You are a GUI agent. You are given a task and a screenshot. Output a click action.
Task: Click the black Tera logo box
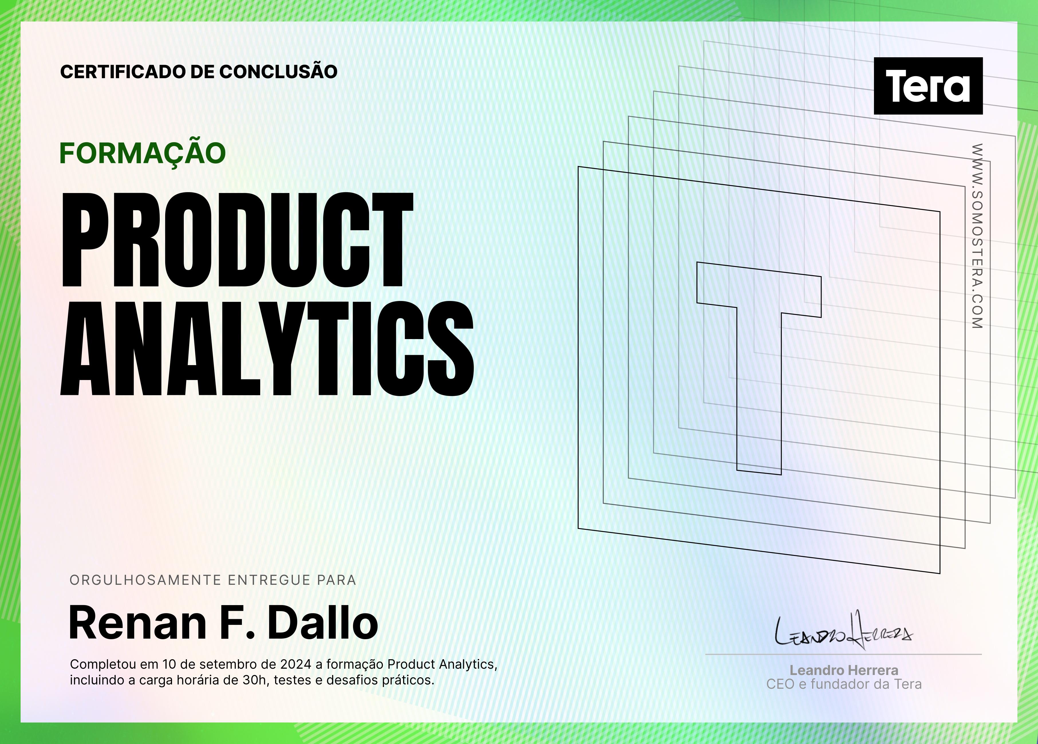tap(928, 86)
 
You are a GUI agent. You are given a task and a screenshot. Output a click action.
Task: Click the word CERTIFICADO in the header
tap(123, 72)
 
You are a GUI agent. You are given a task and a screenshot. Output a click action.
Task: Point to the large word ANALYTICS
tap(267, 349)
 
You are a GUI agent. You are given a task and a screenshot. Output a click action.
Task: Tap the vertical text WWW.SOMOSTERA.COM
tap(977, 236)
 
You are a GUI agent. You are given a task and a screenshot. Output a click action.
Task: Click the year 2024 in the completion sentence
tap(296, 664)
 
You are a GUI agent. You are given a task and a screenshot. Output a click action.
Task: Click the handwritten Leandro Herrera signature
tap(843, 631)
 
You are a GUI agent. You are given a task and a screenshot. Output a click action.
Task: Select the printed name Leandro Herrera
tap(844, 670)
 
